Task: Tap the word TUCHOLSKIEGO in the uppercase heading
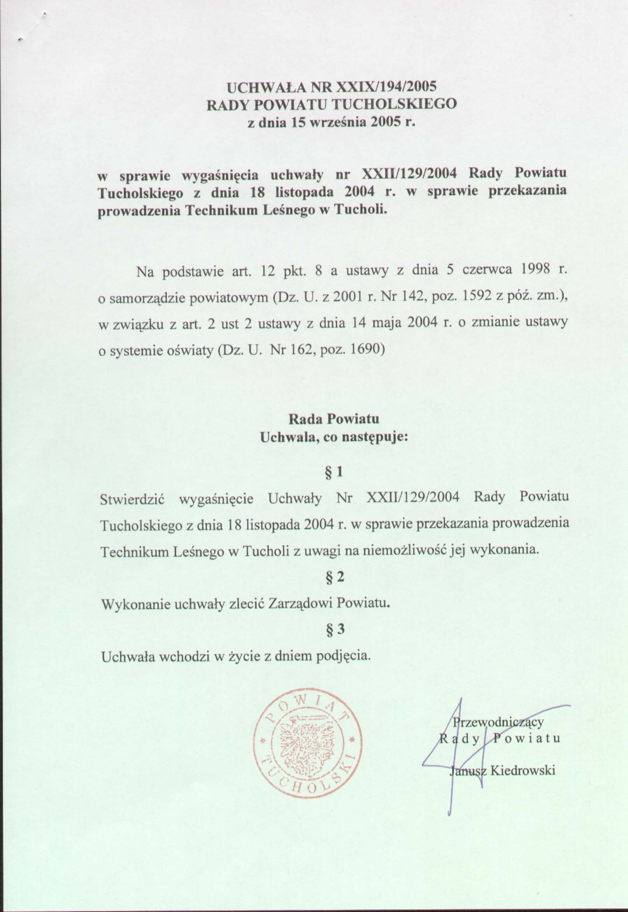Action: (395, 104)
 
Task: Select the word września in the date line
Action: (338, 123)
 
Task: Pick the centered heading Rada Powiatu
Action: (334, 419)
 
